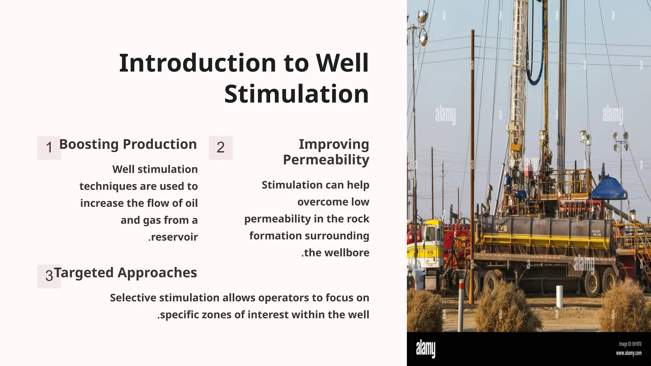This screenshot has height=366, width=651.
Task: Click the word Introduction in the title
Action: (x=197, y=63)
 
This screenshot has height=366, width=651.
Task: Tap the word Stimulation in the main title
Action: (x=297, y=94)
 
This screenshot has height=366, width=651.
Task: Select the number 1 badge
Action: (x=49, y=148)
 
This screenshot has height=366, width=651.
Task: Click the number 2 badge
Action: (x=221, y=148)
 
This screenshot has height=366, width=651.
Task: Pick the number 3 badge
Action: (x=49, y=276)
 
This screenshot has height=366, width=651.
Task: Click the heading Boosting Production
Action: (x=128, y=144)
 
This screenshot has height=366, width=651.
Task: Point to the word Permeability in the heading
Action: (x=326, y=160)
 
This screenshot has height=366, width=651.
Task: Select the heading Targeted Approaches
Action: (x=126, y=273)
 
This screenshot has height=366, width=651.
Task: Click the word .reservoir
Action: (x=173, y=237)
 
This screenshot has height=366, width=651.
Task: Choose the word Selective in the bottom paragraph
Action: (x=133, y=298)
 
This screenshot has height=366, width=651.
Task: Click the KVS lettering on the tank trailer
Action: (x=501, y=228)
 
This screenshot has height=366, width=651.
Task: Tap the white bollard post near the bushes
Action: (x=559, y=296)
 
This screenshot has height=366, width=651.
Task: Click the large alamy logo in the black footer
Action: (x=426, y=349)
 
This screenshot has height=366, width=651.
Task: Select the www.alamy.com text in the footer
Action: (x=628, y=353)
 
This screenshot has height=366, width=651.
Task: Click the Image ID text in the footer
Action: (x=630, y=344)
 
